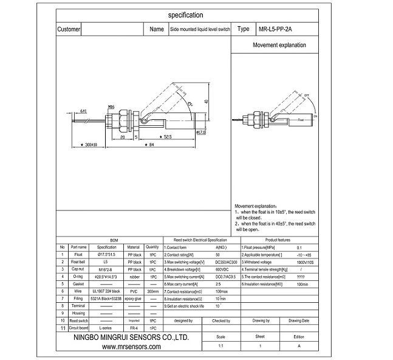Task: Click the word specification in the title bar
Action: coord(186,15)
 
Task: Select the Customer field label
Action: coord(69,29)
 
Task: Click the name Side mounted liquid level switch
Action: coord(199,29)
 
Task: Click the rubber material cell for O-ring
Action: coord(134,276)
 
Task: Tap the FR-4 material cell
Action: coord(134,327)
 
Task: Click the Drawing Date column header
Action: coord(299,320)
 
